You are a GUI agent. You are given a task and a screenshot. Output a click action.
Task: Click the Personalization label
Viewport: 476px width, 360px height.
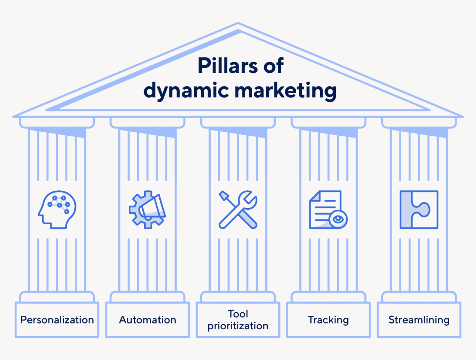pos(57,320)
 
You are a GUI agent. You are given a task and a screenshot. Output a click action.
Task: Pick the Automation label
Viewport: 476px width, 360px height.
pos(148,320)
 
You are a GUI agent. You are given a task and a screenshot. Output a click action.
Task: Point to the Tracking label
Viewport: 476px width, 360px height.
pos(328,320)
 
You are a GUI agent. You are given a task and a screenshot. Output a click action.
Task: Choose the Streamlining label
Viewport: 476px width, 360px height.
pos(419,320)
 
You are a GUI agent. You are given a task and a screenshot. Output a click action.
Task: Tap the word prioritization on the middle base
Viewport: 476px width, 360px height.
pos(238,326)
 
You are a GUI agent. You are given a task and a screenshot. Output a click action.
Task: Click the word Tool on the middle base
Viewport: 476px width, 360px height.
pos(238,314)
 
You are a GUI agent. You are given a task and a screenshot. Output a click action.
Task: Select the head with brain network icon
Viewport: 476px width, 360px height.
pos(57,210)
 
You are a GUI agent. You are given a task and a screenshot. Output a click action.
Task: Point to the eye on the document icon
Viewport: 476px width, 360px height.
pos(338,219)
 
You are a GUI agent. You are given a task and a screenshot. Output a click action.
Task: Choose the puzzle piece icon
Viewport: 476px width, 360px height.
pos(419,210)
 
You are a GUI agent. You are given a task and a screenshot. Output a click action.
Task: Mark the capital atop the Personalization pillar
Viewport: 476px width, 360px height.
pos(57,123)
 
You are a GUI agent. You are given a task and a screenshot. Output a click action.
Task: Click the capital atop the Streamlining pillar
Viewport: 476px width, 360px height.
pos(419,123)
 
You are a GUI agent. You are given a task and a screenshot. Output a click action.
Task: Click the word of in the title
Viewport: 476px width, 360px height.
pos(273,66)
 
